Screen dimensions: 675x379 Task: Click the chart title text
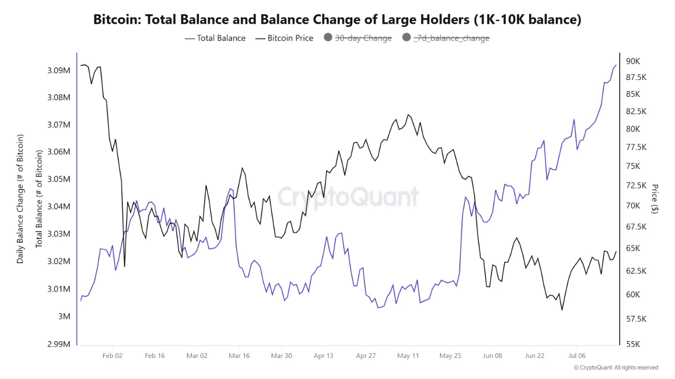(337, 19)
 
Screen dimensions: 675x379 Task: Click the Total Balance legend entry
(215, 38)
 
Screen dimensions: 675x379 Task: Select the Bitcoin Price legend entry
(284, 38)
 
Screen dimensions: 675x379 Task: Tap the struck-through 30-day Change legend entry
(358, 38)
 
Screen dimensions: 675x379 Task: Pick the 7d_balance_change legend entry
(446, 38)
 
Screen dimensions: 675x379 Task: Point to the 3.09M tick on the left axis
(59, 71)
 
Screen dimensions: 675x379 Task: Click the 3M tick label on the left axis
(64, 316)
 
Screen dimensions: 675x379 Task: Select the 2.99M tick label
(59, 344)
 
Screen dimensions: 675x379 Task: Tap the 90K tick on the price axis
(633, 62)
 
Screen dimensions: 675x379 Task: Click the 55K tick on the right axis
(633, 344)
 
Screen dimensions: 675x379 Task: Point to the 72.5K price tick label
(636, 185)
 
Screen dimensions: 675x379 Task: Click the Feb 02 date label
(112, 356)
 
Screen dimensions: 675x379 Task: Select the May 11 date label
(408, 356)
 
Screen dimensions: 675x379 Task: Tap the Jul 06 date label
(577, 356)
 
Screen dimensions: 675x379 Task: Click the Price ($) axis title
(655, 199)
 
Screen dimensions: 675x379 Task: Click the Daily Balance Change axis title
(20, 199)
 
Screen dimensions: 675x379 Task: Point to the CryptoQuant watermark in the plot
(348, 197)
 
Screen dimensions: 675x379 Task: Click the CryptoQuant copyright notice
(616, 367)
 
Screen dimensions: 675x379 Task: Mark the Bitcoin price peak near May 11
(408, 114)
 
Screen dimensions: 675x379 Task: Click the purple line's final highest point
(616, 65)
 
